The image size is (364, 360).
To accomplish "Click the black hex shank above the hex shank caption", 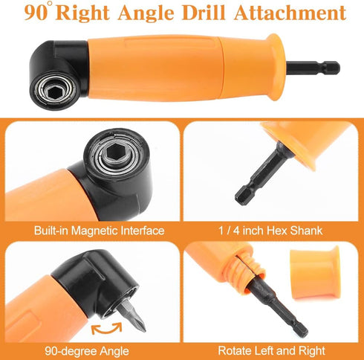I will click(x=256, y=178).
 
